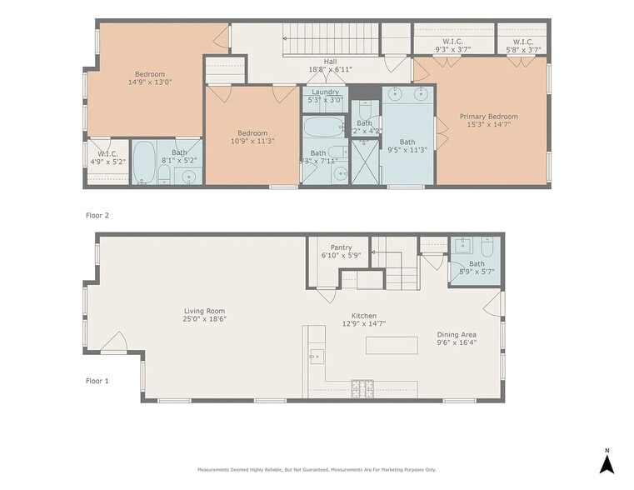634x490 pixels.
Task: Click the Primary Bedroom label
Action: [x=492, y=117]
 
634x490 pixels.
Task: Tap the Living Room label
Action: [x=205, y=312]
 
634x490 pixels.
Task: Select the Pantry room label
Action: [x=341, y=247]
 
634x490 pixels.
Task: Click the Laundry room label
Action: [x=324, y=92]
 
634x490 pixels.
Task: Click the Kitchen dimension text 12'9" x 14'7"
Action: [x=364, y=323]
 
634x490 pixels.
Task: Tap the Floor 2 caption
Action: [x=97, y=215]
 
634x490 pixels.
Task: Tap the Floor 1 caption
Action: [x=97, y=381]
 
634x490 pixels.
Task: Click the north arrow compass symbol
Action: [x=607, y=460]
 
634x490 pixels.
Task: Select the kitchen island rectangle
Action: [x=391, y=345]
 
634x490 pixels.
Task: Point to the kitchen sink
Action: [x=316, y=356]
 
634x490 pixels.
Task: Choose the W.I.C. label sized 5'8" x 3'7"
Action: [x=523, y=42]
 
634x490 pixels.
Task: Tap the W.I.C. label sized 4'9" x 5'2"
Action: [x=108, y=153]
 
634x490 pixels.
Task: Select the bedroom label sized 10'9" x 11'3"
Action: [x=252, y=133]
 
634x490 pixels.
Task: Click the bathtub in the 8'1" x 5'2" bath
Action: [x=144, y=161]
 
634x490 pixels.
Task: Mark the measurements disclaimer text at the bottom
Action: [x=317, y=470]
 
